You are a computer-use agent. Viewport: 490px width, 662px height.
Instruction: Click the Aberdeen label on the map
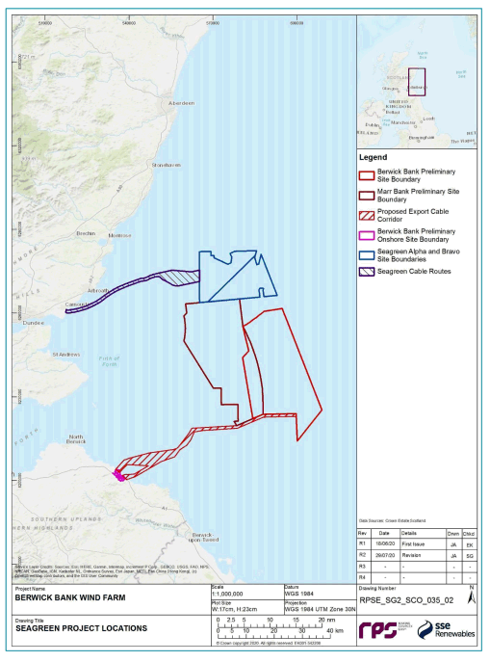coord(181,102)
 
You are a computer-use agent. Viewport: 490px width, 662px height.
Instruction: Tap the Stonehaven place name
coord(167,165)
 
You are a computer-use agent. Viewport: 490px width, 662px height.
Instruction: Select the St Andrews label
coord(65,355)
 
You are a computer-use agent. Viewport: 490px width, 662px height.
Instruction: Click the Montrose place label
coord(119,235)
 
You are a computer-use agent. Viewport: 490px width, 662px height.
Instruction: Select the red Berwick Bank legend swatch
coord(366,174)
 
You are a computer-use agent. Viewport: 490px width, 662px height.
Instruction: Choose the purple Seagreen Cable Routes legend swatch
coord(366,271)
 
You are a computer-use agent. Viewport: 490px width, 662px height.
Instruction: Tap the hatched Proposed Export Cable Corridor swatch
coord(366,214)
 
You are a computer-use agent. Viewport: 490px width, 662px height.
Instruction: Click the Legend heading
coord(373,157)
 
